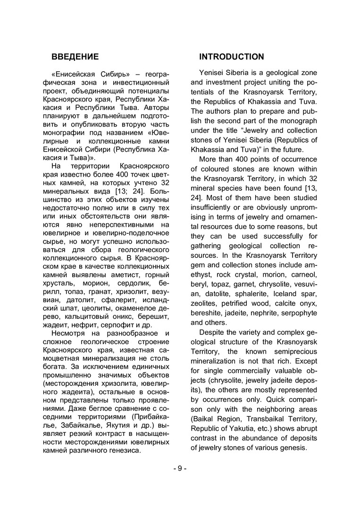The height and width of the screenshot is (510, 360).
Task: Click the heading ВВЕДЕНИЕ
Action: (75, 57)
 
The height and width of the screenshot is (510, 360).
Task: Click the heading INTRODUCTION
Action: (232, 57)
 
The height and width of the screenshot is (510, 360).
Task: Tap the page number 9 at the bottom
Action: (180, 468)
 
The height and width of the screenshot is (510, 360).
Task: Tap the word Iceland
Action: (282, 294)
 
